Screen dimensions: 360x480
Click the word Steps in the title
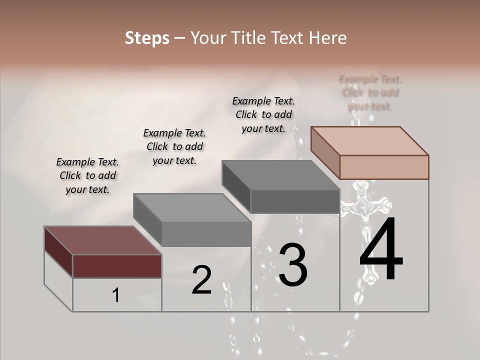coord(147,38)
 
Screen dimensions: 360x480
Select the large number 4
coord(381,250)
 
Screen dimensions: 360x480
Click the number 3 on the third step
coord(293,265)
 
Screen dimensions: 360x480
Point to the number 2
coord(201,280)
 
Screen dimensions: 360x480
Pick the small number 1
coord(116,295)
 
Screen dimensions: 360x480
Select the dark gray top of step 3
coord(280,175)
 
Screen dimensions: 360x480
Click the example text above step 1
coord(87,175)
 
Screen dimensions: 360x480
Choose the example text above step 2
coord(174,146)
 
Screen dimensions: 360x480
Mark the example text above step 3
coord(263,114)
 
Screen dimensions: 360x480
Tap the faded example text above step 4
coord(370,92)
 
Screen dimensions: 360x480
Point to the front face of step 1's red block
coord(117,266)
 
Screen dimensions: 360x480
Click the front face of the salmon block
coord(384,167)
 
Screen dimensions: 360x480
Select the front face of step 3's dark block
coord(295,201)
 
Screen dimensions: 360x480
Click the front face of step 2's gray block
coord(206,234)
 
